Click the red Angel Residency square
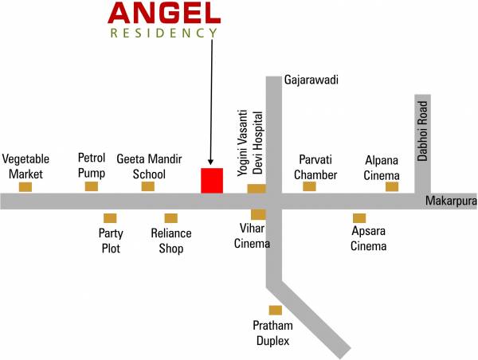[x=211, y=180]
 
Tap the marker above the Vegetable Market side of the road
[x=25, y=186]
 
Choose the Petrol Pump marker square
[x=92, y=186]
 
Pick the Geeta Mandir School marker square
[x=147, y=186]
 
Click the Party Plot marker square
[x=110, y=217]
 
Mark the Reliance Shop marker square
[x=170, y=217]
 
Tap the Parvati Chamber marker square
[x=309, y=186]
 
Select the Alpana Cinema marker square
[x=392, y=186]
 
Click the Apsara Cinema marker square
[x=359, y=217]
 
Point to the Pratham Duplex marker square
[x=275, y=310]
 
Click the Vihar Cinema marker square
[x=258, y=214]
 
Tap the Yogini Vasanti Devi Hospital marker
[x=256, y=189]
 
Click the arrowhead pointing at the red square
[x=211, y=162]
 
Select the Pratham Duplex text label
[x=272, y=333]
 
